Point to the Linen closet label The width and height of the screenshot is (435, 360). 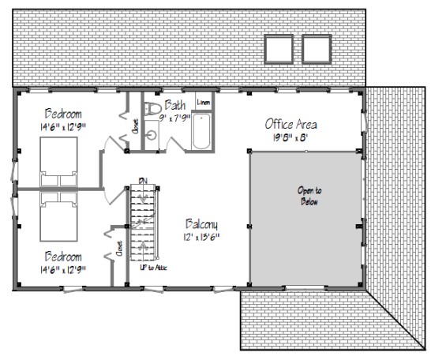click(203, 103)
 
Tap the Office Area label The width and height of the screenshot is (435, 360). click(291, 124)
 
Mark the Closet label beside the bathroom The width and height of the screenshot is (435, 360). click(135, 126)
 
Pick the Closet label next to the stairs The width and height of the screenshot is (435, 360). click(119, 249)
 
